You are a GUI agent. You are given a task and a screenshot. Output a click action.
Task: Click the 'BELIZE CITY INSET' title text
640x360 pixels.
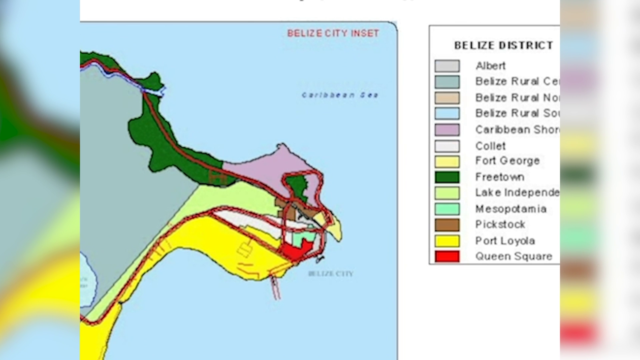click(x=333, y=33)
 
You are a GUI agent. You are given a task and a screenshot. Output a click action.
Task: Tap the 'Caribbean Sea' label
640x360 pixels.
click(x=340, y=95)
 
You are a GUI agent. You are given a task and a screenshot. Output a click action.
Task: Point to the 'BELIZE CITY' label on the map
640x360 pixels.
click(x=330, y=274)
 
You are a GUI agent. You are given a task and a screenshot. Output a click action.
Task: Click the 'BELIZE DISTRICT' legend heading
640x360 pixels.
click(x=503, y=45)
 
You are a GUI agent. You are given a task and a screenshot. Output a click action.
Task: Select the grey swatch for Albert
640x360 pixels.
click(x=447, y=66)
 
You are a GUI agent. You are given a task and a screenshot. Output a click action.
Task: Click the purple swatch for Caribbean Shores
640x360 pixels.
click(x=447, y=130)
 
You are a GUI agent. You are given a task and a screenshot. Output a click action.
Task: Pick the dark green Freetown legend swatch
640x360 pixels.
click(x=447, y=177)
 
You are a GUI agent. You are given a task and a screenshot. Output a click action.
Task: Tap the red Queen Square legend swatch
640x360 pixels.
click(x=447, y=257)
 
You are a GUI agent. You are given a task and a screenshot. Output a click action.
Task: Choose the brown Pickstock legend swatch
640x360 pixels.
click(x=447, y=225)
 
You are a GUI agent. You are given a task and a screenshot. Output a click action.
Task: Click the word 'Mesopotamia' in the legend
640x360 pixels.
click(x=511, y=209)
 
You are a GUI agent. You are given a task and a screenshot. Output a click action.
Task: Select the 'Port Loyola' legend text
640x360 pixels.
click(x=505, y=241)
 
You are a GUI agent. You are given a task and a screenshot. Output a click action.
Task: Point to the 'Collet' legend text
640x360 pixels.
click(x=490, y=146)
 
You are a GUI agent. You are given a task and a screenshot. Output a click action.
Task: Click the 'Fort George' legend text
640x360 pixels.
click(x=507, y=161)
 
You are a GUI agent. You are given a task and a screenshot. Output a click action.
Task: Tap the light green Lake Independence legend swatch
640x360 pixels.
click(x=447, y=193)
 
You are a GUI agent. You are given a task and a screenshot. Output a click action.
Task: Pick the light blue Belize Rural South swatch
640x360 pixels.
click(x=447, y=113)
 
